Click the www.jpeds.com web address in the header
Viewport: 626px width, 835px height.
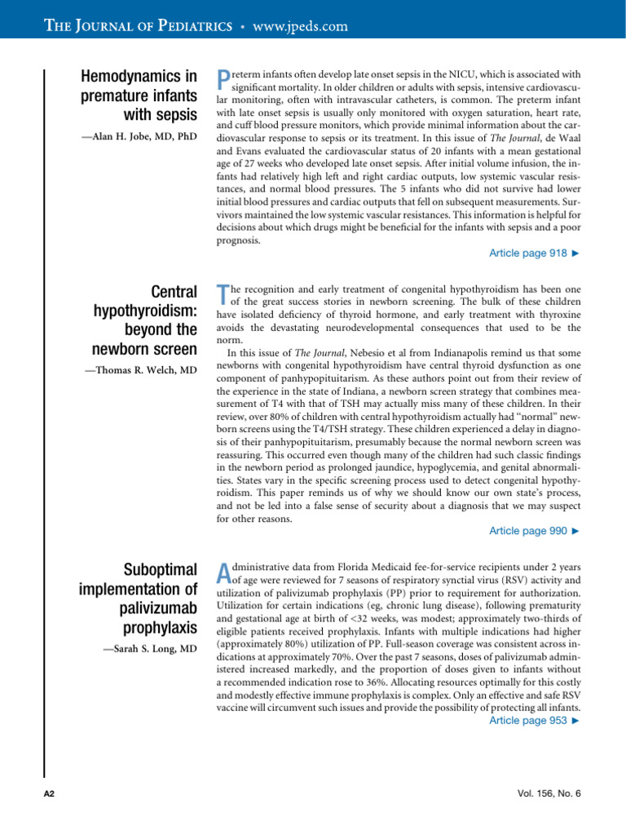(301, 27)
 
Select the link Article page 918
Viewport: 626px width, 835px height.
(534, 254)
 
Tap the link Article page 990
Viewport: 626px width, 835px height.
(534, 531)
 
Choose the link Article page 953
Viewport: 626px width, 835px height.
(534, 721)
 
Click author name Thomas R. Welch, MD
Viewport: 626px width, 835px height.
(141, 371)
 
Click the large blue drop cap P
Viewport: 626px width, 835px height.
(224, 79)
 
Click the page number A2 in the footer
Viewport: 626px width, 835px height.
(48, 793)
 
